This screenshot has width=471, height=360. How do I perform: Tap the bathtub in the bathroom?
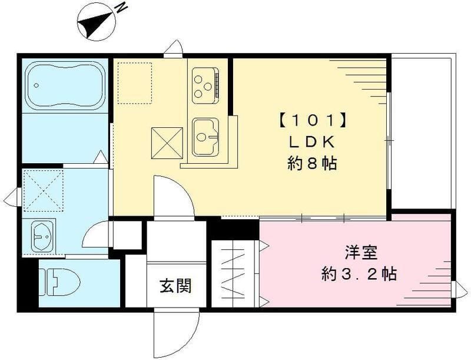pyautogui.click(x=65, y=85)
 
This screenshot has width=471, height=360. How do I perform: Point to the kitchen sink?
pyautogui.click(x=205, y=137)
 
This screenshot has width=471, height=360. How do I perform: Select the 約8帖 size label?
pyautogui.click(x=312, y=163)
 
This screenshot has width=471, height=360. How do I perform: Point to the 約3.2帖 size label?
pyautogui.click(x=359, y=273)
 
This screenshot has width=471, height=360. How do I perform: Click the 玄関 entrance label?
pyautogui.click(x=175, y=287)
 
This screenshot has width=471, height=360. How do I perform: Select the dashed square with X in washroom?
pyautogui.click(x=43, y=190)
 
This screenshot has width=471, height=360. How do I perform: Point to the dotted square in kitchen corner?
pyautogui.click(x=135, y=82)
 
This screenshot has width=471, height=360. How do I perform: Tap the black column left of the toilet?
pyautogui.click(x=27, y=286)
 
